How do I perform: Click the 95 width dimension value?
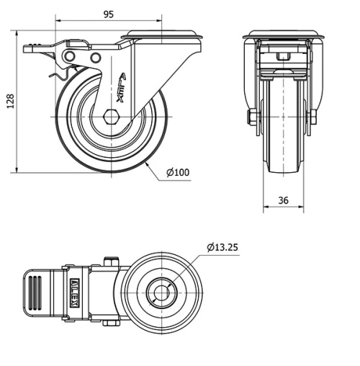pos(108,14)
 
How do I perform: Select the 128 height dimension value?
pos(10,102)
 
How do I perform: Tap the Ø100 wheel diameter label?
pos(177,172)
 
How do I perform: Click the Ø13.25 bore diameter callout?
pos(222,247)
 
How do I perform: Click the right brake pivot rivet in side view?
pos(95,57)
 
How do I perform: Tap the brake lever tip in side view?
pos(30,49)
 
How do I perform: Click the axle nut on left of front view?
pos(253,117)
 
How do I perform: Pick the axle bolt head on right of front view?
pos(313,117)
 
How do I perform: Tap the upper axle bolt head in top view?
pos(110,262)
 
